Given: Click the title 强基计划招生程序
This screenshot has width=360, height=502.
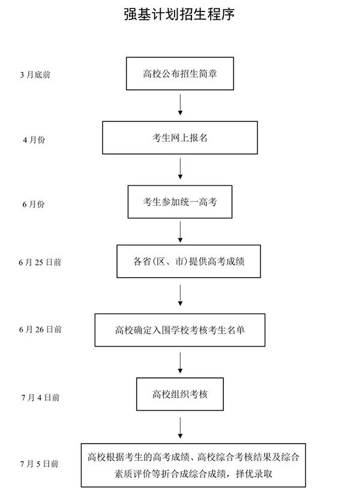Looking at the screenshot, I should coord(179,14).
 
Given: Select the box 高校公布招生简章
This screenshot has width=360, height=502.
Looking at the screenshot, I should coord(179,74).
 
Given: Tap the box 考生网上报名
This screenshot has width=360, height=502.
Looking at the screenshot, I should coord(179,138).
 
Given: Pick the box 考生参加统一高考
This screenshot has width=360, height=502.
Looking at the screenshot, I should coord(179,202).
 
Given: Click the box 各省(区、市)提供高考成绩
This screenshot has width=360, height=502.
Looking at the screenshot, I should coord(188,261).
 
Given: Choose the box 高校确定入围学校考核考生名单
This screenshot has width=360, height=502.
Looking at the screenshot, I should coord(179,329).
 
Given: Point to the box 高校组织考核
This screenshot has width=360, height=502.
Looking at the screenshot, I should coord(179,394).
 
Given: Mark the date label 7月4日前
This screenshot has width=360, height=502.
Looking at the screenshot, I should coord(40,397).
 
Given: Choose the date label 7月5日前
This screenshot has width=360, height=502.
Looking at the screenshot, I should coord(39,464).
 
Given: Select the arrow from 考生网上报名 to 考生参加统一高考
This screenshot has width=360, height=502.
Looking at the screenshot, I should coord(180,169).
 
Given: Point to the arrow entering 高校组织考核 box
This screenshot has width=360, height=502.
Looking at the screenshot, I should coord(180,362).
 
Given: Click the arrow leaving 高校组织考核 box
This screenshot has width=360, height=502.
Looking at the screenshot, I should coord(180,426).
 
